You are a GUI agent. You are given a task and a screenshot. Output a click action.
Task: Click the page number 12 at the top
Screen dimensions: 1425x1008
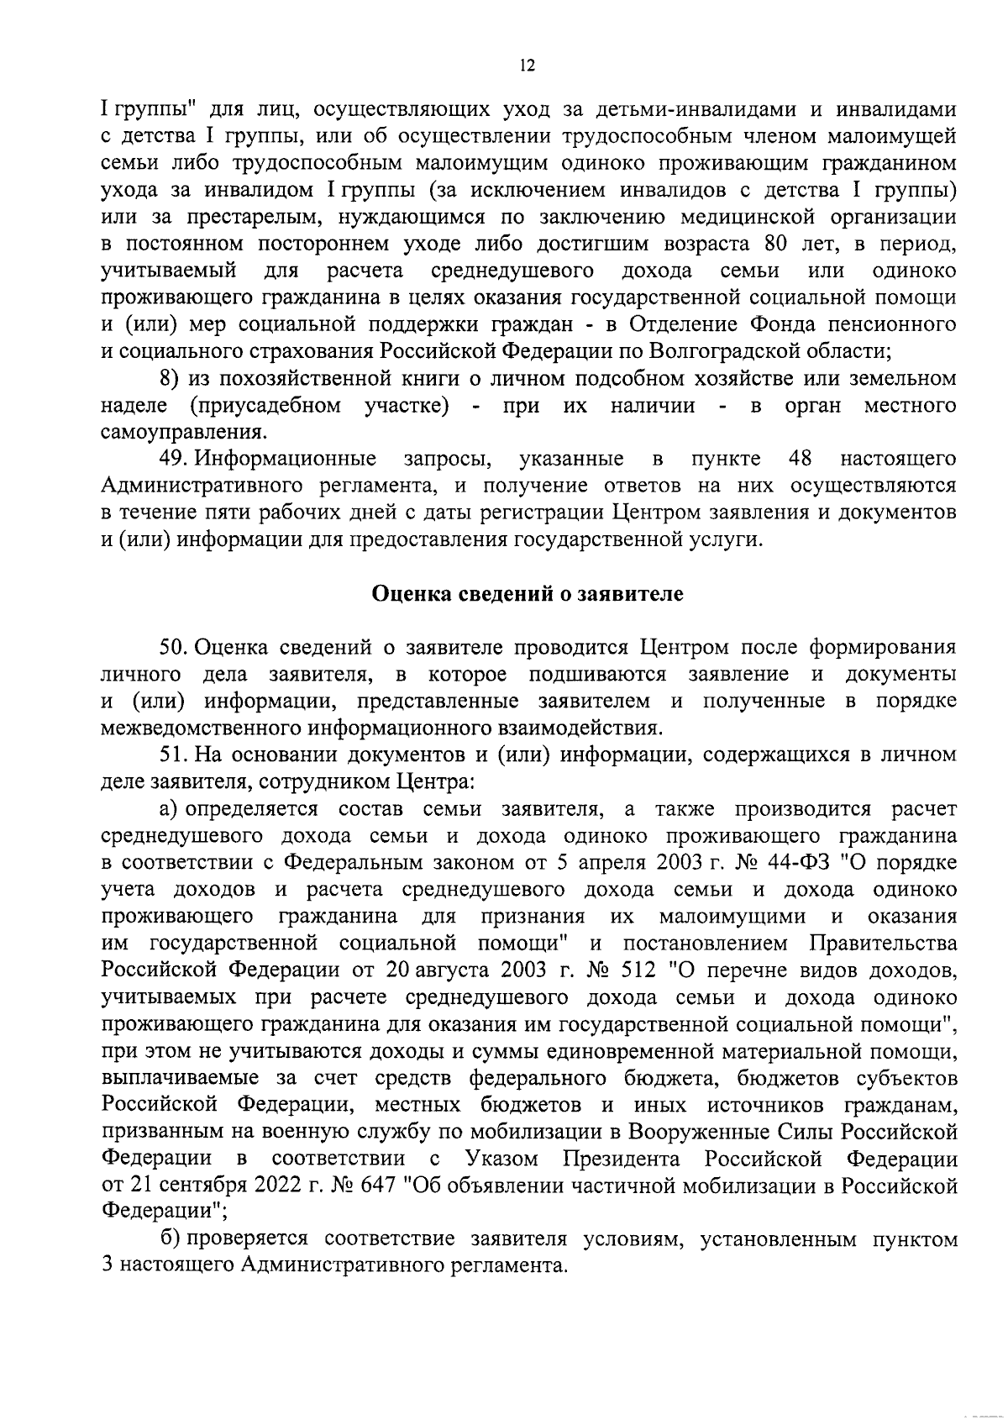(x=528, y=66)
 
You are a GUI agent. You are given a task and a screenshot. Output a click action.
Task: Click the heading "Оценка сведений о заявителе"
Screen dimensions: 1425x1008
(x=528, y=594)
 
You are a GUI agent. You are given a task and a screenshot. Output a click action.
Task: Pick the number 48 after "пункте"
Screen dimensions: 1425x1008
(x=804, y=459)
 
